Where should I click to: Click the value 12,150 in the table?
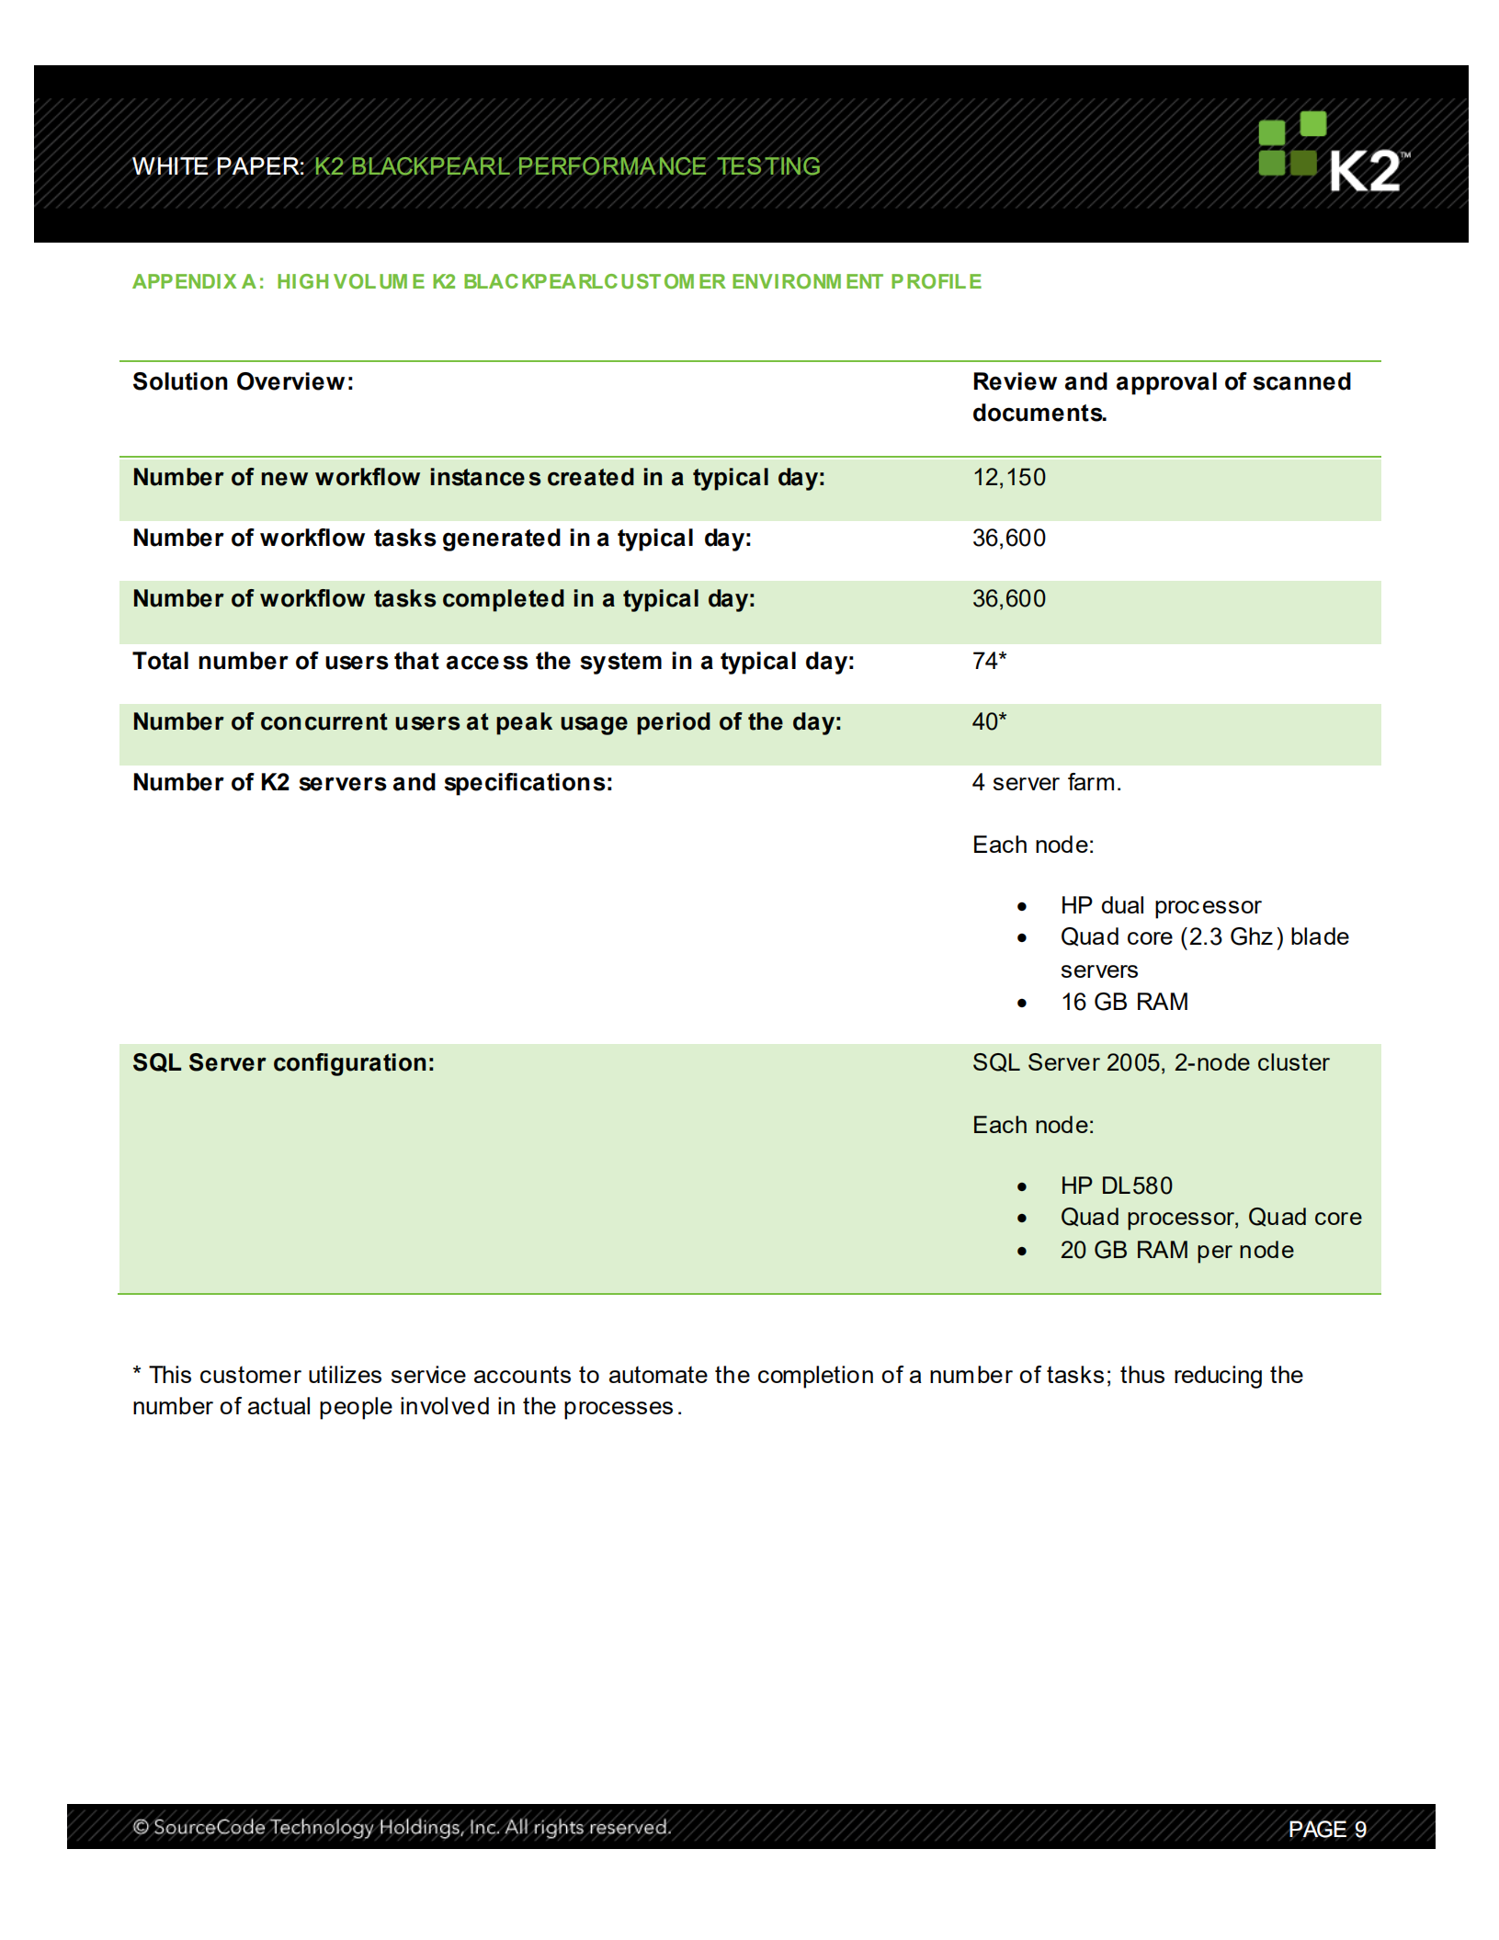pyautogui.click(x=1008, y=478)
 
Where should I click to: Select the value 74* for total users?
pyautogui.click(x=989, y=661)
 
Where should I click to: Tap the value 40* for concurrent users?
pyautogui.click(x=989, y=721)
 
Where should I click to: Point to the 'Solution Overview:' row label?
pyautogui.click(x=243, y=382)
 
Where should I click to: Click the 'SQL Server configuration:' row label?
pyautogui.click(x=283, y=1063)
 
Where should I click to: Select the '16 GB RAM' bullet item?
pyautogui.click(x=1123, y=1003)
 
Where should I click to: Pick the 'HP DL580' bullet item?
pyautogui.click(x=1116, y=1186)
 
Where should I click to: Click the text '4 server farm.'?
pyautogui.click(x=1046, y=783)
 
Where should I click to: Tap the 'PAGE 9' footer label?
pyautogui.click(x=1326, y=1830)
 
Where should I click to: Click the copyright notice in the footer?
pyautogui.click(x=402, y=1828)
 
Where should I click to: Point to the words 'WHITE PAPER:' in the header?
pyautogui.click(x=218, y=166)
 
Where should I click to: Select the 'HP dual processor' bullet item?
pyautogui.click(x=1160, y=906)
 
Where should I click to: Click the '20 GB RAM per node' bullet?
pyautogui.click(x=1176, y=1251)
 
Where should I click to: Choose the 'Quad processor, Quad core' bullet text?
pyautogui.click(x=1210, y=1218)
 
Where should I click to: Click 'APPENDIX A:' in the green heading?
pyautogui.click(x=198, y=282)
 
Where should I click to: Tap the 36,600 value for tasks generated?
pyautogui.click(x=1008, y=539)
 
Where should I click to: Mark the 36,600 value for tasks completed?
pyautogui.click(x=1008, y=599)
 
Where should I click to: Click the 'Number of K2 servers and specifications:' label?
pyautogui.click(x=372, y=783)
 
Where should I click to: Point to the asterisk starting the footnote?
pyautogui.click(x=137, y=1373)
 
